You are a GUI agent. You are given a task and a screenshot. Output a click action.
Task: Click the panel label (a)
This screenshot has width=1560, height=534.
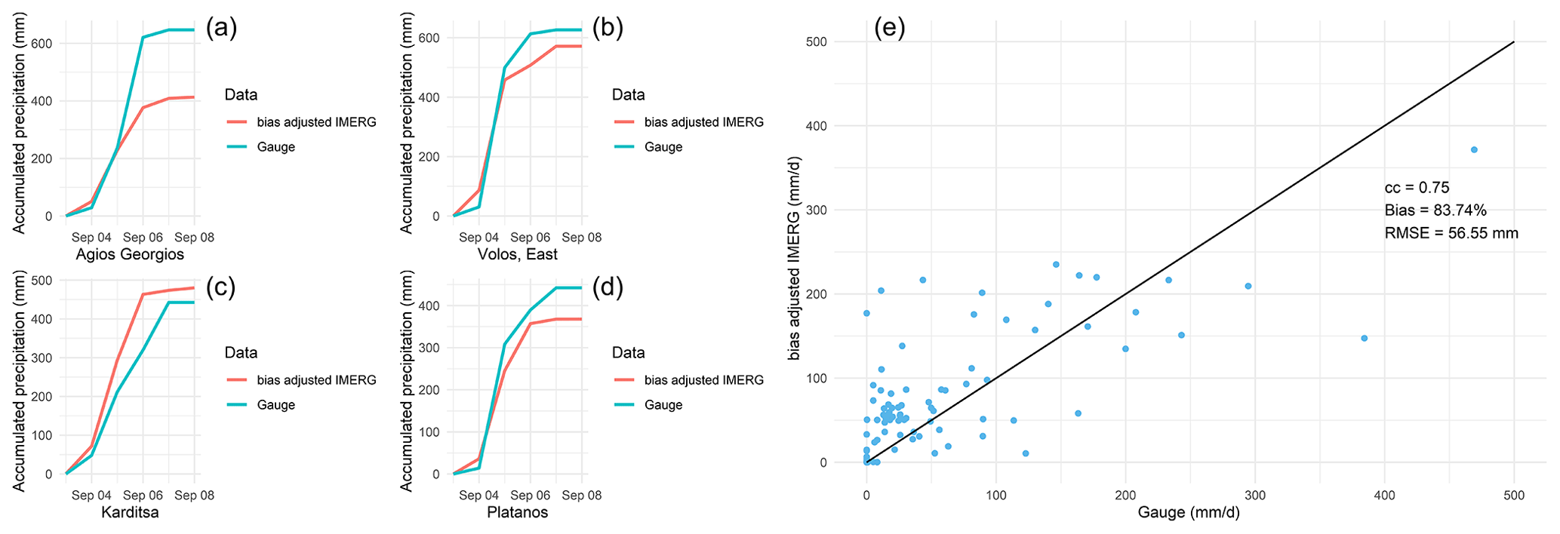pos(221,29)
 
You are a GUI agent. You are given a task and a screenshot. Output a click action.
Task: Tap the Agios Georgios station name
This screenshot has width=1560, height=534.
pos(130,255)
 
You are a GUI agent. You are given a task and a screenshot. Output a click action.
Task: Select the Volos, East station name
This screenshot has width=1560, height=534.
pos(518,255)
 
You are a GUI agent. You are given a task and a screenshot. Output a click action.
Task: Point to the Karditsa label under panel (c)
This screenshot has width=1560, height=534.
pos(130,513)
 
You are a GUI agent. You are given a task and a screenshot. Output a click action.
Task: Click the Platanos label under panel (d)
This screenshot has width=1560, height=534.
pos(518,513)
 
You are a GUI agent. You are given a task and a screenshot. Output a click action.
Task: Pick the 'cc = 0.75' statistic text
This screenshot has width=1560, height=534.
pos(1417,188)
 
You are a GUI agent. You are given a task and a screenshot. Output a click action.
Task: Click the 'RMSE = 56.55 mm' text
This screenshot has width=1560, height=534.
pos(1451,233)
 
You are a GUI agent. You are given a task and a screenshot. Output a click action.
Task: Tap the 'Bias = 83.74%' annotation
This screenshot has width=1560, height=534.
pos(1435,210)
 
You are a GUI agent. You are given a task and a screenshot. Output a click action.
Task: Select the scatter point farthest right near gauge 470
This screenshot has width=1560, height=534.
pos(1474,149)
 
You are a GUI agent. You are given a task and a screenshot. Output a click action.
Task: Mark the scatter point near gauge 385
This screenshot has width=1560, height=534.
pos(1364,338)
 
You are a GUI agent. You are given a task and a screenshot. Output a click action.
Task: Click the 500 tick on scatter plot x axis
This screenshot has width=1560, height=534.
pos(1514,496)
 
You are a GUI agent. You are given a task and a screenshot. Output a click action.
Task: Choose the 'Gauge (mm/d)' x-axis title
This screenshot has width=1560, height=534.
pos(1188,514)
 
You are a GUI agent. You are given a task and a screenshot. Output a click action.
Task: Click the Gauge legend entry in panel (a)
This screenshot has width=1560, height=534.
pos(275,147)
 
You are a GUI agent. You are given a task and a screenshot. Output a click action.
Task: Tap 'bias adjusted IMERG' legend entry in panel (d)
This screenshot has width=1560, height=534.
pos(703,380)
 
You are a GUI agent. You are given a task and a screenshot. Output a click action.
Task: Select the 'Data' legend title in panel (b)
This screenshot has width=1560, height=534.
pos(628,95)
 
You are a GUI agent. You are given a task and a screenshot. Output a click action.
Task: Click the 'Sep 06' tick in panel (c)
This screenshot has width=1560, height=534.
pos(143,496)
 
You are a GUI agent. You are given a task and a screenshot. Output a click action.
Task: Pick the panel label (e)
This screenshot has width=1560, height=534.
pos(889,29)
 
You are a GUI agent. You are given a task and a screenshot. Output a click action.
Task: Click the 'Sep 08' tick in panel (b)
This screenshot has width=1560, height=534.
pos(582,238)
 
